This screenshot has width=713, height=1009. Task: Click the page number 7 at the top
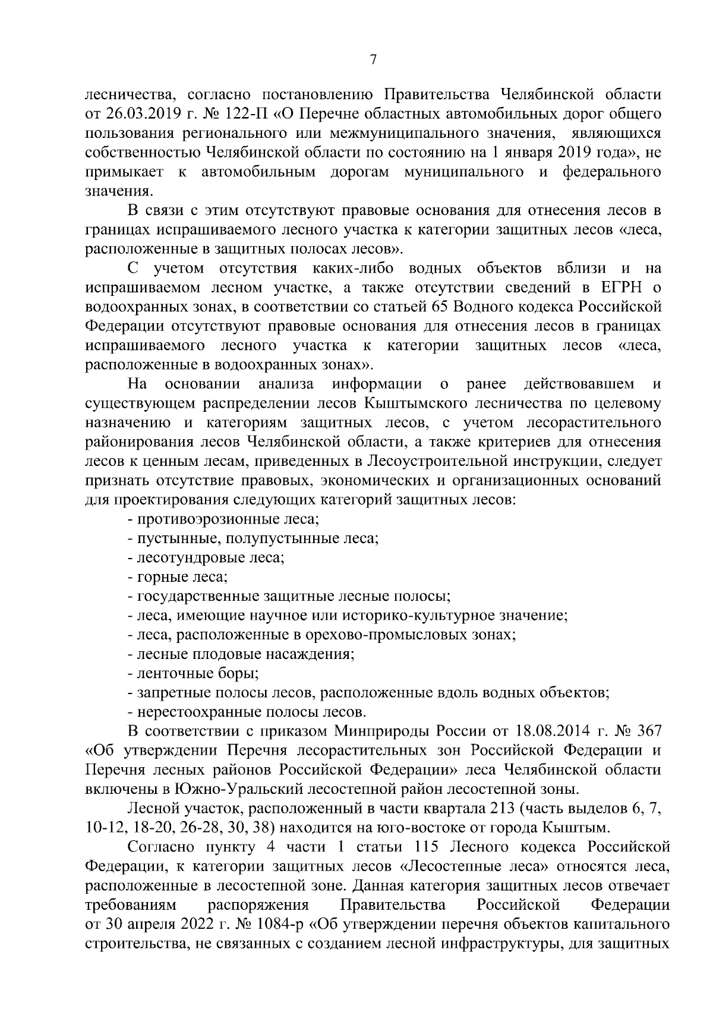point(373,60)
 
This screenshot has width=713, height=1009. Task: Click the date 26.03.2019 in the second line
point(136,113)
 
